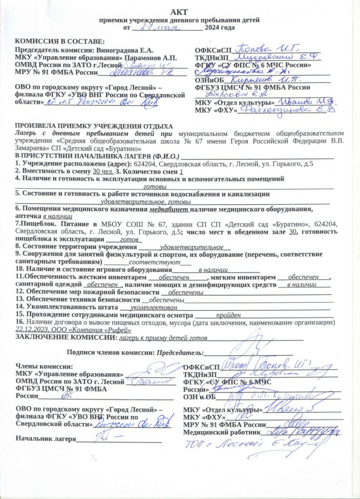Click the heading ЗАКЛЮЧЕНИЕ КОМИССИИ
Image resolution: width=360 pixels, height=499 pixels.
[x=66, y=337]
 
